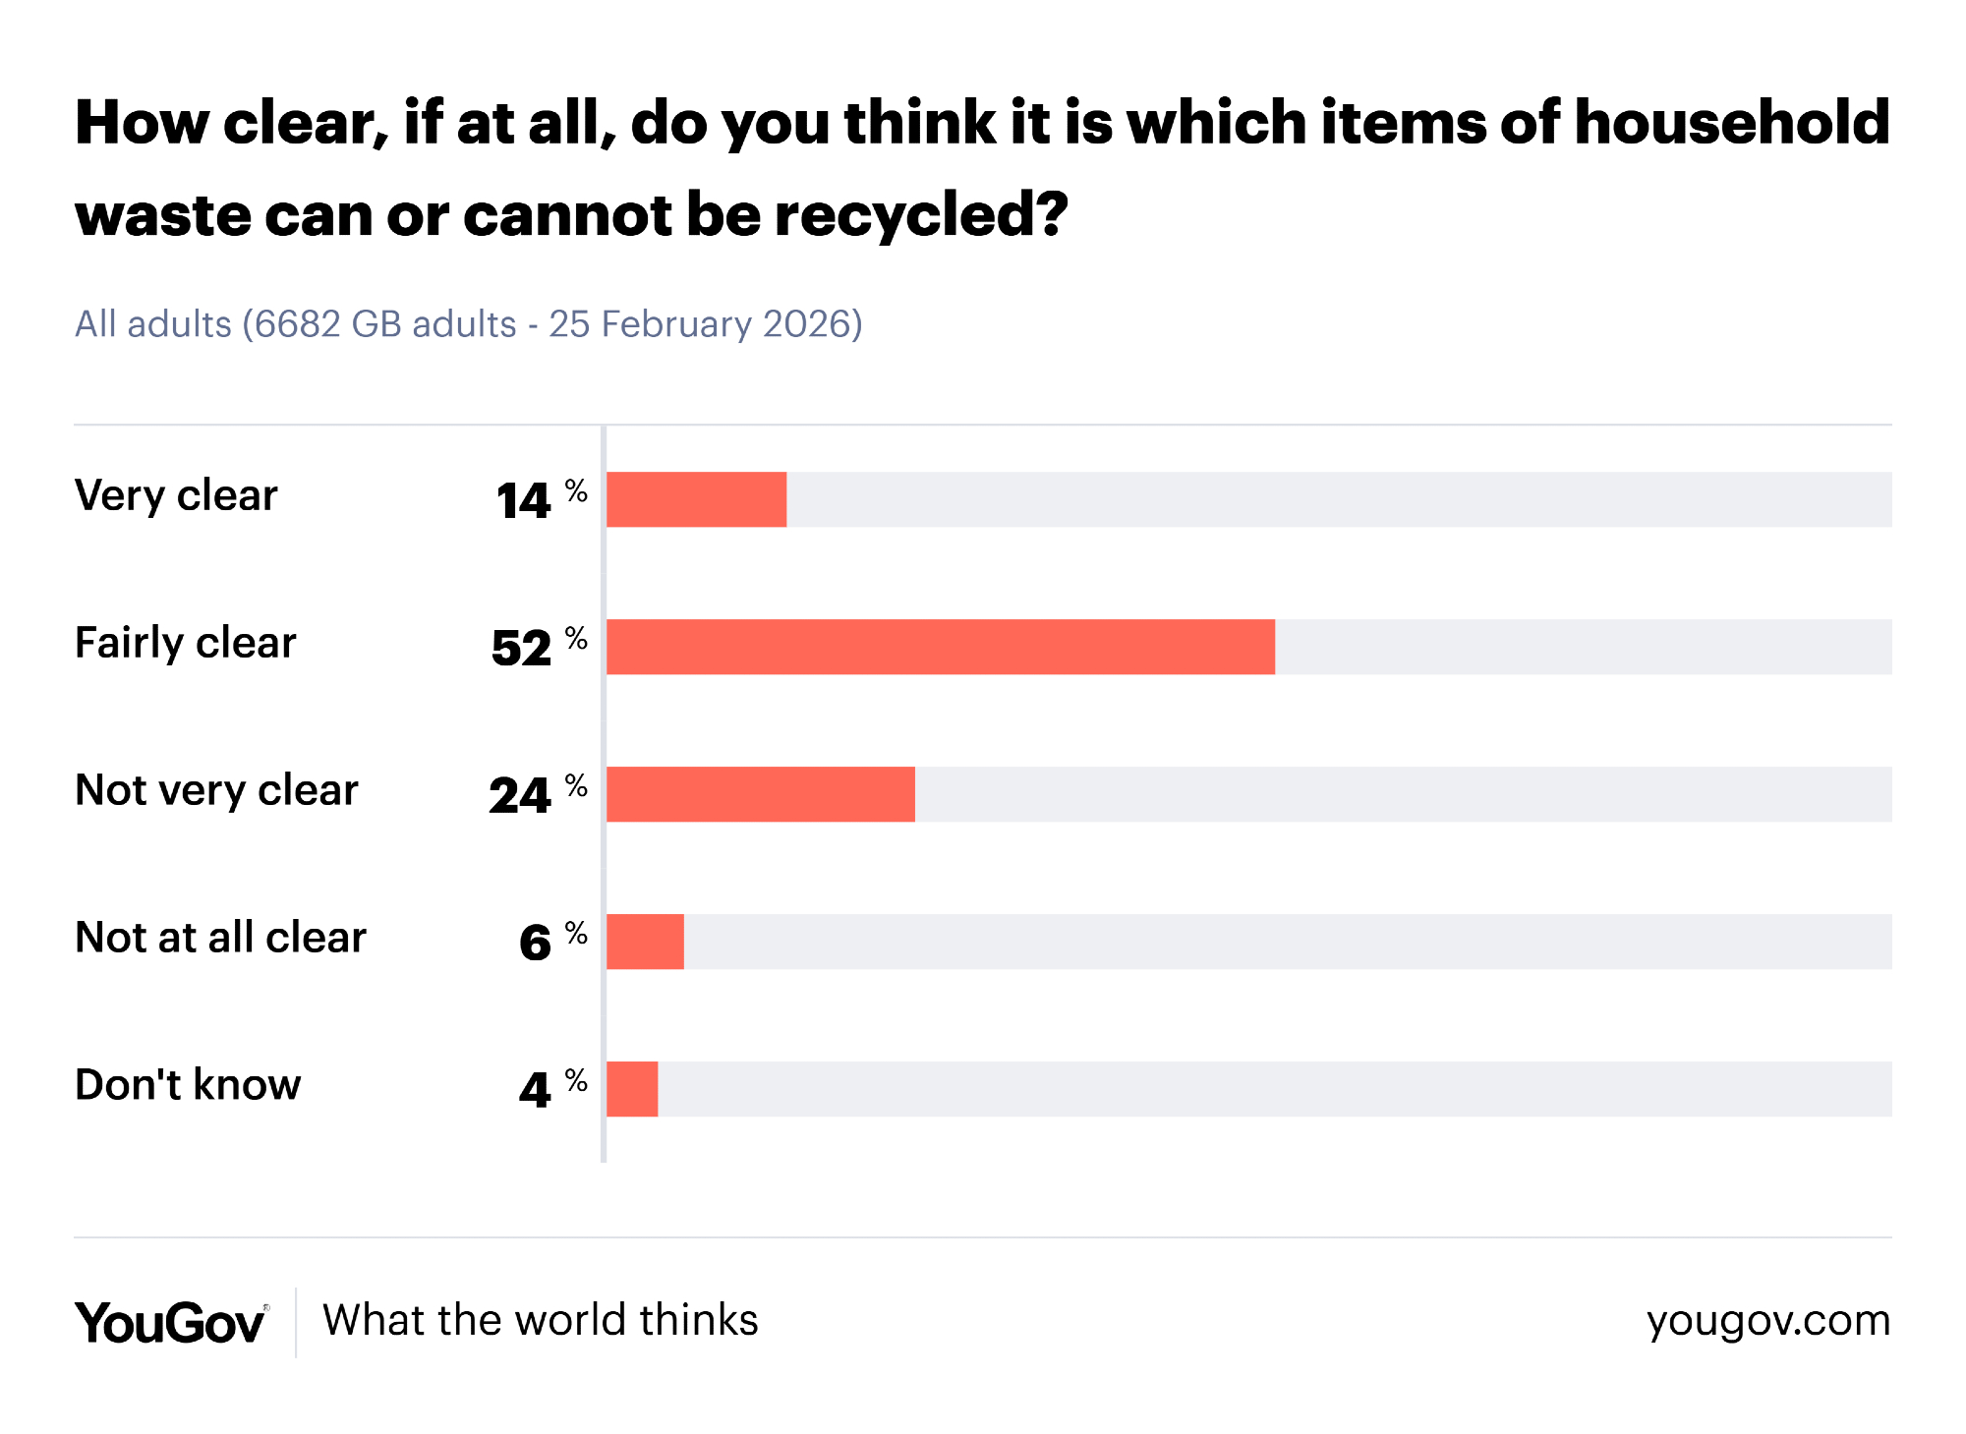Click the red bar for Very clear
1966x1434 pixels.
click(696, 499)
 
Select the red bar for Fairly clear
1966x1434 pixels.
click(940, 647)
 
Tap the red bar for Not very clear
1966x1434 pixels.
click(760, 794)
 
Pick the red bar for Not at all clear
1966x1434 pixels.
click(645, 942)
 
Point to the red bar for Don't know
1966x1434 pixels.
click(632, 1089)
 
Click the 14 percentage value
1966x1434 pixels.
click(524, 500)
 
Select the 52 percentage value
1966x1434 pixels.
click(522, 648)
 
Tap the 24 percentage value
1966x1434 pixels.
click(521, 795)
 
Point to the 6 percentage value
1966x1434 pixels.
click(535, 943)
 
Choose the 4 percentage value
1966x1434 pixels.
click(535, 1090)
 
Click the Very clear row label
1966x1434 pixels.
click(176, 495)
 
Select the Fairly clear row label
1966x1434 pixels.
click(185, 643)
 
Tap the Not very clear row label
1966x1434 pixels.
click(216, 790)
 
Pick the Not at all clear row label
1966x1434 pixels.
click(220, 938)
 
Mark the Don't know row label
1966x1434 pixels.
click(188, 1085)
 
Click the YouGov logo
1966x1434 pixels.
click(170, 1322)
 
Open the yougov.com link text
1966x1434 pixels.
click(1768, 1321)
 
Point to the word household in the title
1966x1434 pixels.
click(1732, 122)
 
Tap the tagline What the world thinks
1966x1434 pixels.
click(541, 1320)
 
